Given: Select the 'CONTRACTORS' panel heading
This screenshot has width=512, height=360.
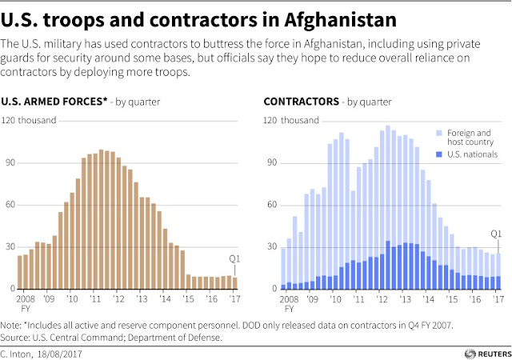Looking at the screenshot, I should pyautogui.click(x=300, y=102).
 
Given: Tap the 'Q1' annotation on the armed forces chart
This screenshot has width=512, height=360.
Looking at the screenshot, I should pyautogui.click(x=234, y=259).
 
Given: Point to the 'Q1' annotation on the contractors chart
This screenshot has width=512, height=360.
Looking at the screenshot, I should pyautogui.click(x=496, y=234).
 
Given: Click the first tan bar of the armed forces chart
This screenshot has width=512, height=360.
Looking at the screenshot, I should pyautogui.click(x=20, y=273).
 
